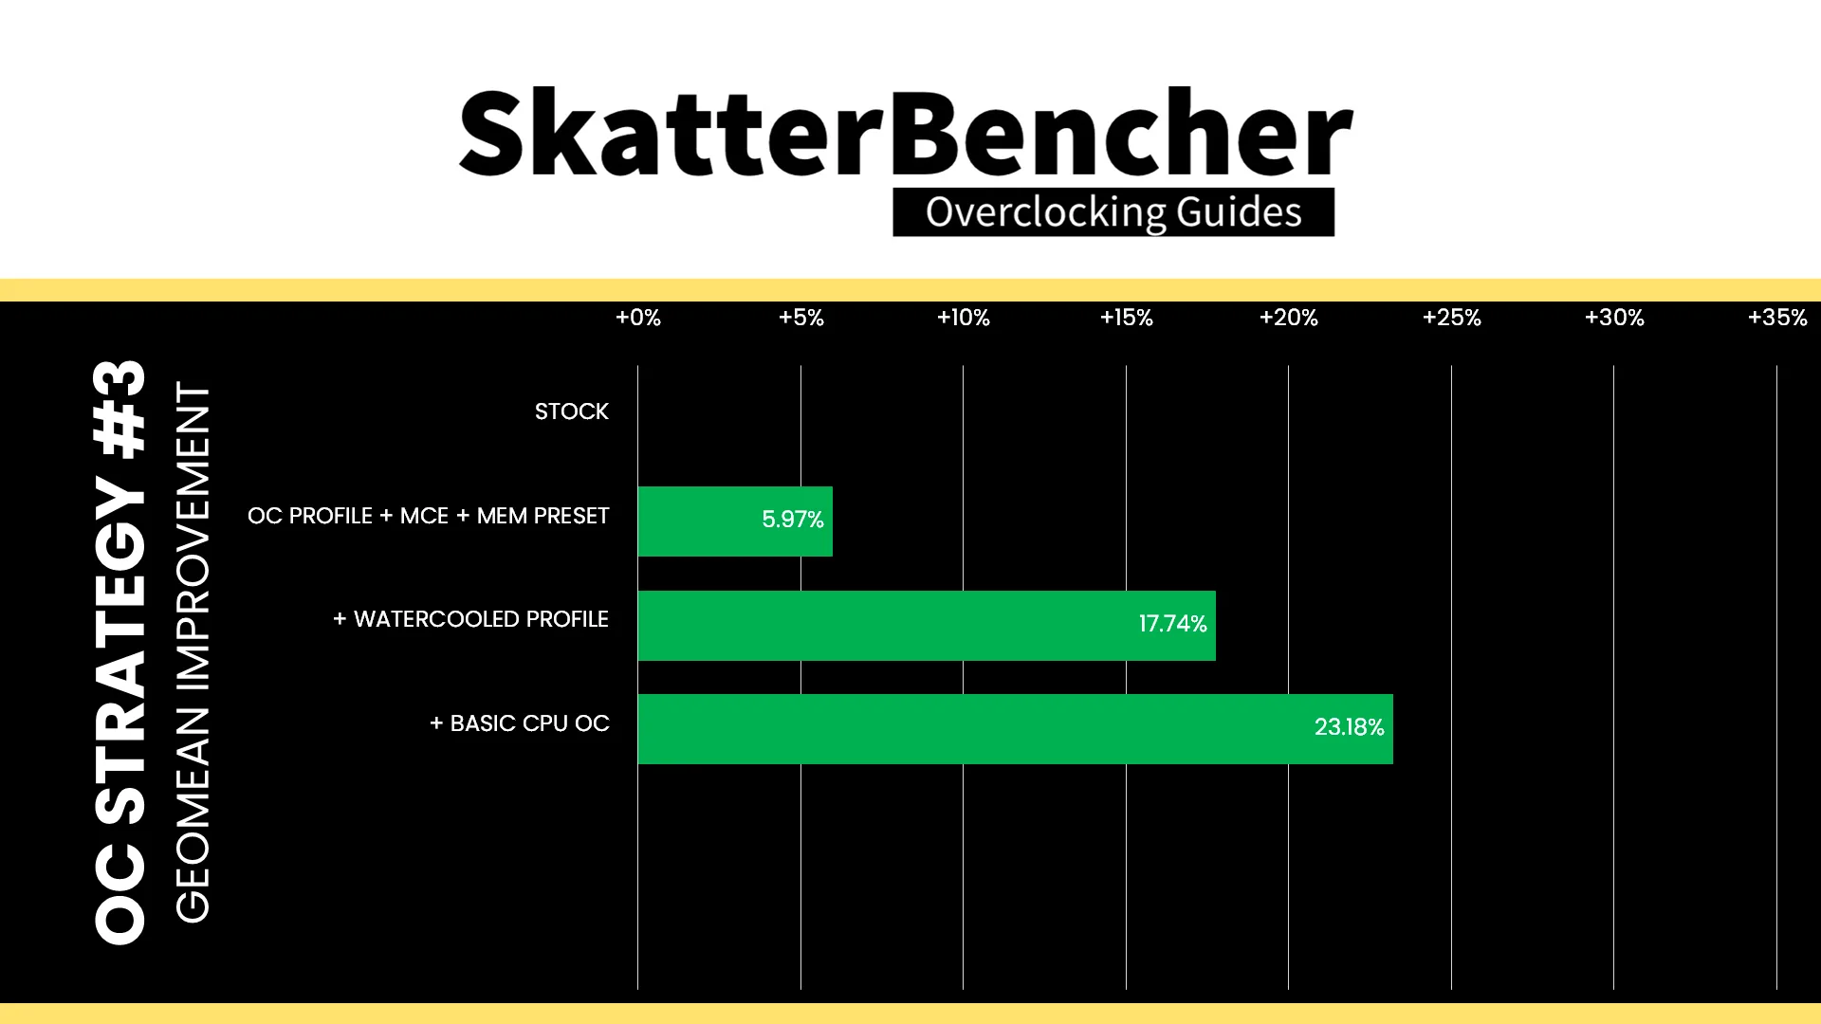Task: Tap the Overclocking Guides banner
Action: (x=1113, y=212)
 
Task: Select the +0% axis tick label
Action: (x=638, y=318)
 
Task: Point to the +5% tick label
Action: (x=801, y=318)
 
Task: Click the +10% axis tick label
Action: (x=964, y=318)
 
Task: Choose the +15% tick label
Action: (x=1127, y=318)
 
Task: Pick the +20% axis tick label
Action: (x=1289, y=318)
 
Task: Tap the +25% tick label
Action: (x=1452, y=318)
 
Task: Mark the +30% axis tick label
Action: (x=1615, y=318)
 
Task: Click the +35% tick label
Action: (x=1777, y=318)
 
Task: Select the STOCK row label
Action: (x=572, y=411)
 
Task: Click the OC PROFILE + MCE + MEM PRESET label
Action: (x=429, y=516)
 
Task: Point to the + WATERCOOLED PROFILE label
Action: (x=470, y=619)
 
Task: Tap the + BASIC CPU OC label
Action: (x=520, y=723)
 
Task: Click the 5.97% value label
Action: (x=793, y=520)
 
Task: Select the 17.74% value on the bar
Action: (x=1173, y=624)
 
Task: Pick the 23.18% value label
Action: (x=1350, y=727)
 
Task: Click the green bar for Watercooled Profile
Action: (x=927, y=626)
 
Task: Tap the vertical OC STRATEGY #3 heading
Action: (x=120, y=652)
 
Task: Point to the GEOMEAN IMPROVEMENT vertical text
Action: (x=193, y=652)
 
